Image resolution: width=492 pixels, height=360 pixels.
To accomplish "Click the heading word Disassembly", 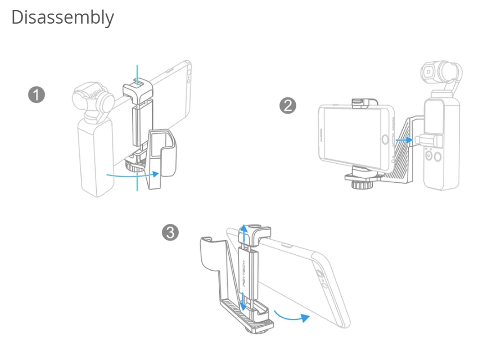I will click(62, 17).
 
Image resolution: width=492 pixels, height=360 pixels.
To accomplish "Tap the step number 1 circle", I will click(37, 94).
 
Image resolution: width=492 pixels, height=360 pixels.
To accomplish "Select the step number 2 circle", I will click(287, 106).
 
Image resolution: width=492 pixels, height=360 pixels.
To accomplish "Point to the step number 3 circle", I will click(171, 232).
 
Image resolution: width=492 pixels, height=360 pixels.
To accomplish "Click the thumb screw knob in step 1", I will click(133, 165).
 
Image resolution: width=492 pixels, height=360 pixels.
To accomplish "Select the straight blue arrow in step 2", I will click(404, 138).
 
